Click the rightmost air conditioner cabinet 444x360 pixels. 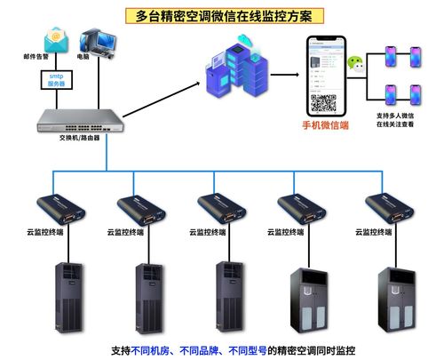click(394, 298)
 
